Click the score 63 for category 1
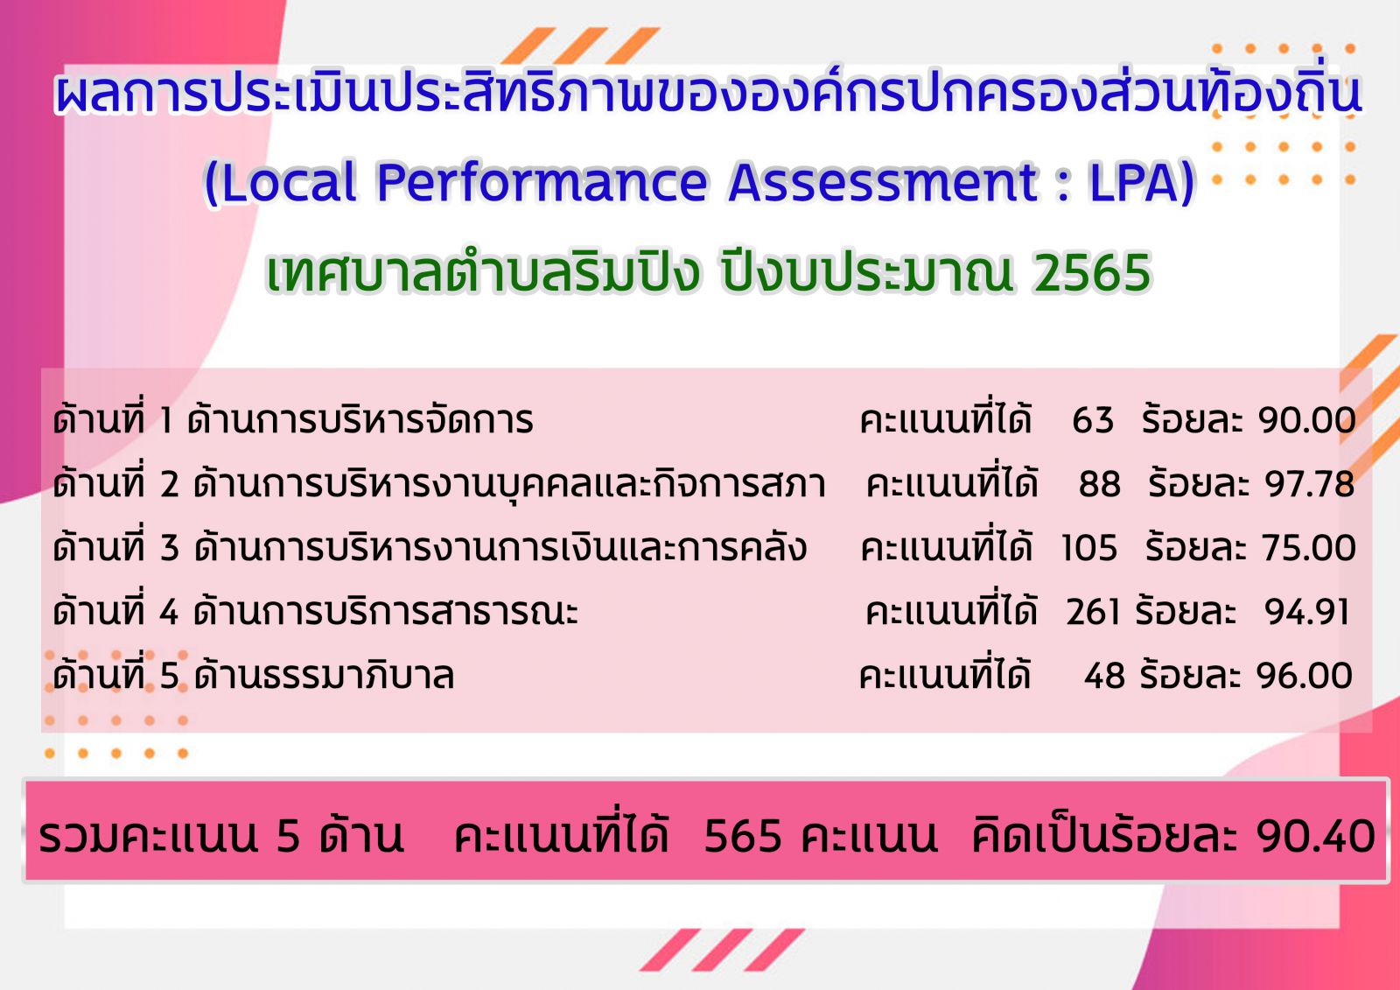click(x=1093, y=419)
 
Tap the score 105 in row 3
click(x=1088, y=549)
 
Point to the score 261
click(x=1093, y=612)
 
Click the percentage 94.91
click(x=1306, y=612)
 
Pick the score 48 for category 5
click(x=1104, y=676)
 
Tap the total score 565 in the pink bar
click(x=743, y=836)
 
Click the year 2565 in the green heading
click(x=1092, y=273)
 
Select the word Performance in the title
click(x=542, y=182)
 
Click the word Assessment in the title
click(x=883, y=182)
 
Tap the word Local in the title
click(x=289, y=182)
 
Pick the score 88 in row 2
click(x=1099, y=484)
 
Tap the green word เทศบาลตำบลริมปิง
click(x=482, y=273)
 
